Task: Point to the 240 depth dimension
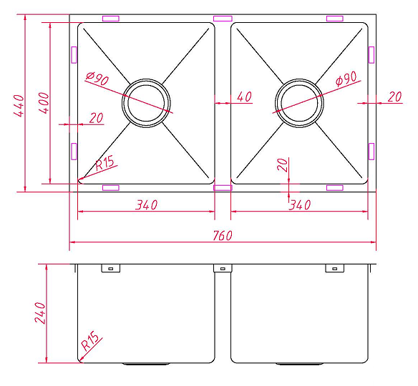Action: [40, 313]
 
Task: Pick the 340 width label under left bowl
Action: [145, 205]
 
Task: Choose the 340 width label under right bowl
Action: [299, 205]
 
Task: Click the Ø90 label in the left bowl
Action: [97, 79]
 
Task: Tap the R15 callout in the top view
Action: [104, 163]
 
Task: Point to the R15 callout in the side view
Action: [89, 342]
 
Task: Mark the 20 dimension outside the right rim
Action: [394, 97]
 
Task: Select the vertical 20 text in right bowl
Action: [283, 166]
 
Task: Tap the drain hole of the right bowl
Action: [299, 102]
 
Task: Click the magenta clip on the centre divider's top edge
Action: [223, 17]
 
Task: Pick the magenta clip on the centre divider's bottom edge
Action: [223, 188]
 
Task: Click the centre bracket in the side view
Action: [222, 269]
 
